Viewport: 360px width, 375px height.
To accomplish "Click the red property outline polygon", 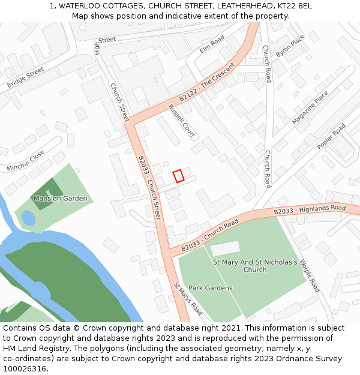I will click(x=178, y=176).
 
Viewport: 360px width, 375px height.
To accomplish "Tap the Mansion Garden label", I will click(x=60, y=199).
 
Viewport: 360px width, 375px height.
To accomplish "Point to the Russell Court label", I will click(x=181, y=121).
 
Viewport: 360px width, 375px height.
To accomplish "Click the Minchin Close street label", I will click(x=26, y=161).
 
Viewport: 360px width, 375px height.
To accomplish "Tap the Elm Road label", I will click(x=212, y=44).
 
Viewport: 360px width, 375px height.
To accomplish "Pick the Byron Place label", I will click(x=290, y=46).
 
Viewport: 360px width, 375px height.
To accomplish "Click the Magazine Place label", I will click(x=310, y=107).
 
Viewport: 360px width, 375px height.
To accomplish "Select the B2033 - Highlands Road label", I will click(x=310, y=210).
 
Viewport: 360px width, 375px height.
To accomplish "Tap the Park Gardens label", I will click(x=211, y=288).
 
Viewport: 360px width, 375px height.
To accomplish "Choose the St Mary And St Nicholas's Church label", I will click(x=255, y=266).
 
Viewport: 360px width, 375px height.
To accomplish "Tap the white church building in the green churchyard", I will click(x=225, y=248).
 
